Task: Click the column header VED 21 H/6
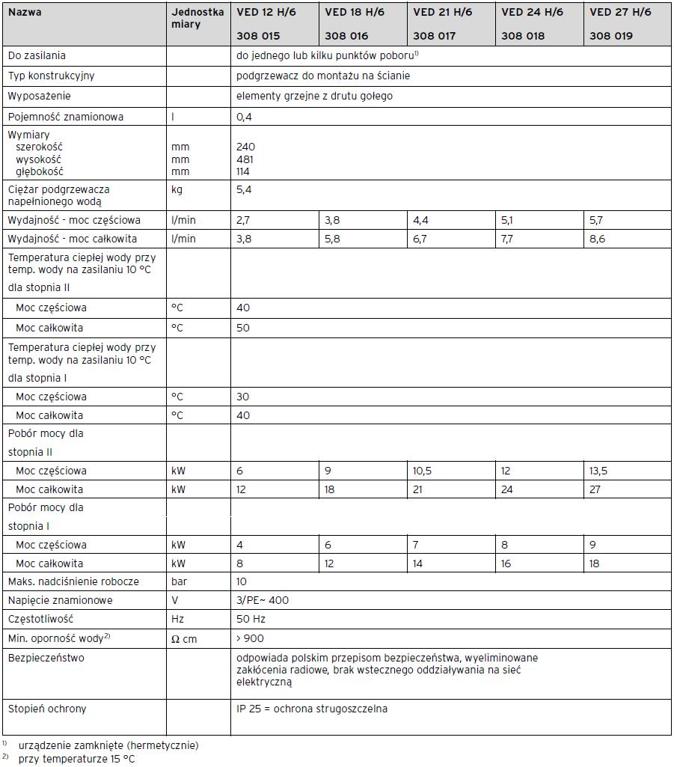point(444,13)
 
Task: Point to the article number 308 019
point(610,35)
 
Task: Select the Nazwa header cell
point(25,13)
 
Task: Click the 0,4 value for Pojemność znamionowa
point(243,117)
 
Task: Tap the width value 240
point(245,147)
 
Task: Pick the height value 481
point(245,159)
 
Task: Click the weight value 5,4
point(243,190)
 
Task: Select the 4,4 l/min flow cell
point(420,221)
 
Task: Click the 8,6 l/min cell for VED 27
point(597,239)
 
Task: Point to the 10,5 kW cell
point(423,471)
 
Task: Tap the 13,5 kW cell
point(600,471)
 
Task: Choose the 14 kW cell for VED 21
point(418,563)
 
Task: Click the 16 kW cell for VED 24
point(506,563)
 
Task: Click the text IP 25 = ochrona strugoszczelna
point(311,709)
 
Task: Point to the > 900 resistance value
point(249,638)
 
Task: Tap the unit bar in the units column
point(179,581)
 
